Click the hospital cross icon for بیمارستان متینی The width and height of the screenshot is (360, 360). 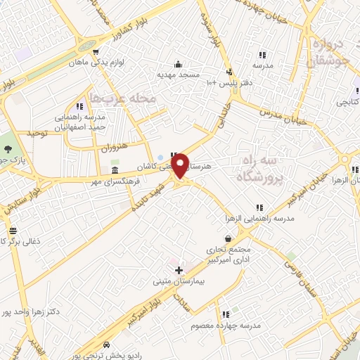179,269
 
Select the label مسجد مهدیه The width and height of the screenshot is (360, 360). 178,74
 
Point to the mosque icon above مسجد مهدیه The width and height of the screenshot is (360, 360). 178,63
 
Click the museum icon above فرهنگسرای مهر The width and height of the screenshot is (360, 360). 115,172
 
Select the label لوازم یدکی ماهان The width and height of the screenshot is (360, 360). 96,63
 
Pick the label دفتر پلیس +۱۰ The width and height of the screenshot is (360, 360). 226,83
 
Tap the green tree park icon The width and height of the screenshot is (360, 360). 8,148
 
